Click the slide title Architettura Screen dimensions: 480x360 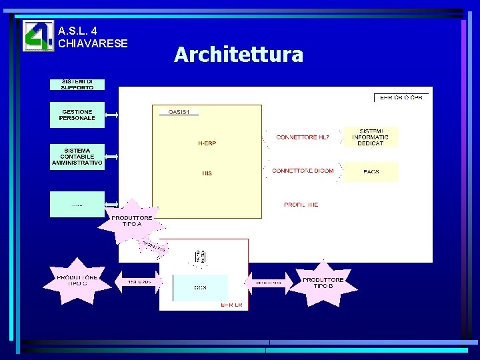click(239, 54)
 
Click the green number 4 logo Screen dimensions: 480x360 click(38, 36)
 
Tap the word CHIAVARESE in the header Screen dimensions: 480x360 click(93, 43)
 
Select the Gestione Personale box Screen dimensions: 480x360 click(77, 114)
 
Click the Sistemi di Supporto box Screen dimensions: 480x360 click(77, 85)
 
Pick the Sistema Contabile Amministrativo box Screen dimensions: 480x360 click(77, 157)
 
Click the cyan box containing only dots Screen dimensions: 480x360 click(77, 204)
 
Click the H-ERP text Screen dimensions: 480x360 click(207, 143)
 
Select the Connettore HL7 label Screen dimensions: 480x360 click(303, 137)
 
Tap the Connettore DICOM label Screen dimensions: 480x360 click(303, 171)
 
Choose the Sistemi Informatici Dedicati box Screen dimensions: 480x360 click(371, 137)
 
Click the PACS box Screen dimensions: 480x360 click(371, 171)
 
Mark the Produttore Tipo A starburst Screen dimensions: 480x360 click(132, 221)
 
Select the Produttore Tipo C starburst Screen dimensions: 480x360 click(77, 280)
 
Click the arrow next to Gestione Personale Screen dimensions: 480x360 click(111, 115)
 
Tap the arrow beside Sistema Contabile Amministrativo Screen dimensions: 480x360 click(111, 157)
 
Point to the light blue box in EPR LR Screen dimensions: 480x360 click(200, 287)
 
